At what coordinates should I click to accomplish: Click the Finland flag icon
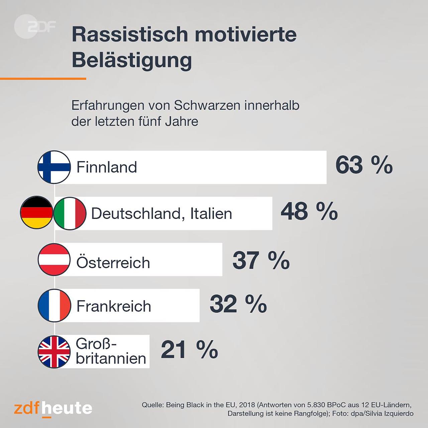[x=54, y=167]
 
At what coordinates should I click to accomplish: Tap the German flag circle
[x=36, y=213]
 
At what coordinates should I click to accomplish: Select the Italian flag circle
[x=70, y=213]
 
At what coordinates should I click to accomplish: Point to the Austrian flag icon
[x=54, y=259]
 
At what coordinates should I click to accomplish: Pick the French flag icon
[x=54, y=306]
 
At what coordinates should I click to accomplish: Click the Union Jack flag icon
[x=54, y=352]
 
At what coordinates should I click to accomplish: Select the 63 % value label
[x=364, y=165]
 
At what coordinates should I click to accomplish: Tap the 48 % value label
[x=309, y=212]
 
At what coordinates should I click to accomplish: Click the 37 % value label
[x=261, y=260]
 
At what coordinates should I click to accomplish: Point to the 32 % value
[x=238, y=304]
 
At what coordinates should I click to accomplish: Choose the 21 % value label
[x=189, y=350]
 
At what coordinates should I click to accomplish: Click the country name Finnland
[x=107, y=167]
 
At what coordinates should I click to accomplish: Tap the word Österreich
[x=113, y=262]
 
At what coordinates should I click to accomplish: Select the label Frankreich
[x=114, y=306]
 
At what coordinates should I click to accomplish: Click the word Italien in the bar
[x=211, y=213]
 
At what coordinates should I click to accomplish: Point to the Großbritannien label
[x=111, y=351]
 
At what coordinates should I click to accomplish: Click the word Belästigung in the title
[x=132, y=61]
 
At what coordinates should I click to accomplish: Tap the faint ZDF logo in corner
[x=34, y=27]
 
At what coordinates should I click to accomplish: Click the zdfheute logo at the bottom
[x=53, y=409]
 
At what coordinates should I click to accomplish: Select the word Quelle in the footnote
[x=152, y=405]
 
